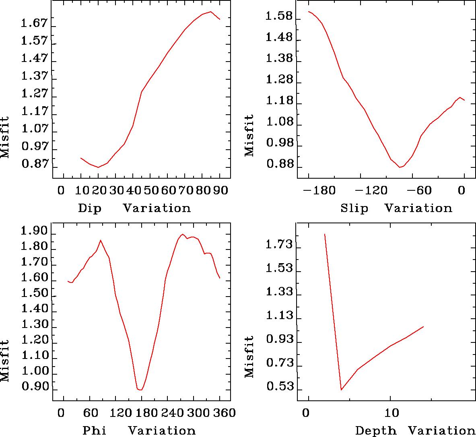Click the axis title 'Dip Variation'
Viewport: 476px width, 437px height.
134,208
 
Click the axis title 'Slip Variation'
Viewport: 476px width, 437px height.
396,208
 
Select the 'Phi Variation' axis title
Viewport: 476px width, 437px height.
139,431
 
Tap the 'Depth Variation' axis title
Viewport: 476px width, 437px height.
410,431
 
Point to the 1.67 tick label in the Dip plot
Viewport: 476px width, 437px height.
34,24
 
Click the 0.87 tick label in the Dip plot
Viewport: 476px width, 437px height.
34,164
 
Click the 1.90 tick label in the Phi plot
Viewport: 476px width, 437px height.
34,231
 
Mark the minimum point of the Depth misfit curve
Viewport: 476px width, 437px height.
341,390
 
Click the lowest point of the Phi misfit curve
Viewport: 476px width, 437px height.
140,390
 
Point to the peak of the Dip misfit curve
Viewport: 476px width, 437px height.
210,12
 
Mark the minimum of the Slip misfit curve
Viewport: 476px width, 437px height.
400,167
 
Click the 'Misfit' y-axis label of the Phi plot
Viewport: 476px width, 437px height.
5,361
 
